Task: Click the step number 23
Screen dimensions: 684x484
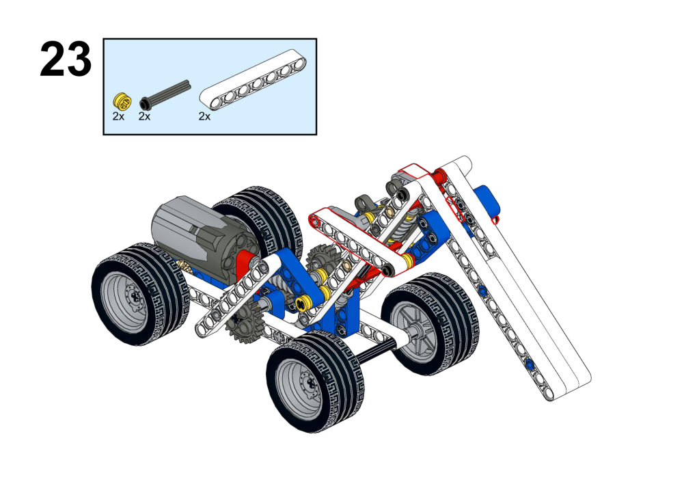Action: pos(66,59)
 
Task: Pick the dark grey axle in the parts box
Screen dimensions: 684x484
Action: pos(165,94)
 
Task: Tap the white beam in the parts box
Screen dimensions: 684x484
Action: pos(253,79)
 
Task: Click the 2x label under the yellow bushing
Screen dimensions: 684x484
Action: pos(118,116)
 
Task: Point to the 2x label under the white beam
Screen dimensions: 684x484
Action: pos(204,116)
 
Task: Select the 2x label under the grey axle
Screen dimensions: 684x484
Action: pos(144,116)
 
